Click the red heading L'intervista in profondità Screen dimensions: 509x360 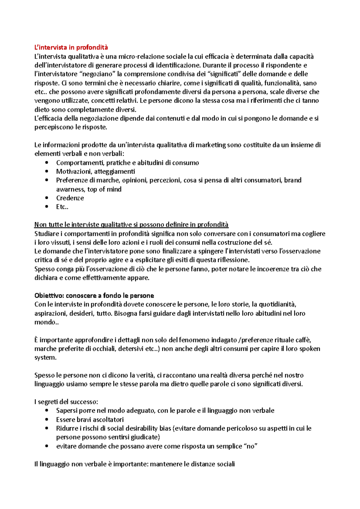coord(71,47)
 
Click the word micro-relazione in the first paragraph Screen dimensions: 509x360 coord(141,56)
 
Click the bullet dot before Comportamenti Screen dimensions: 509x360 coord(46,163)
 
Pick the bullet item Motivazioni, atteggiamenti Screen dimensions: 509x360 coord(95,171)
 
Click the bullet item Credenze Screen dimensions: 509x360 coord(70,198)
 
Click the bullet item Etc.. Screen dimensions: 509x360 coord(62,207)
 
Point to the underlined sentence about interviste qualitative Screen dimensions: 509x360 coord(131,225)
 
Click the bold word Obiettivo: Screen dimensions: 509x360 coord(49,296)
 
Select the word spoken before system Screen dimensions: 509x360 coord(310,349)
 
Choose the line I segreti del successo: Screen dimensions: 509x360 coord(66,402)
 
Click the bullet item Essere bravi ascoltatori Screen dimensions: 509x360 coord(90,420)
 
